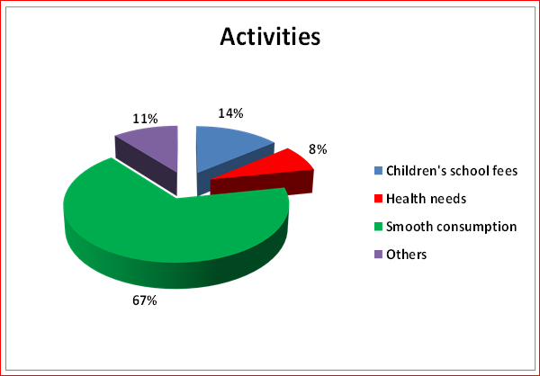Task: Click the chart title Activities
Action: [x=270, y=37]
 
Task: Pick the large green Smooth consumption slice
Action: [x=176, y=228]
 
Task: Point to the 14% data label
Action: [x=230, y=113]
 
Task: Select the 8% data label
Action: [x=318, y=149]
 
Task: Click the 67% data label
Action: [x=145, y=300]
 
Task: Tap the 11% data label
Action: [x=145, y=119]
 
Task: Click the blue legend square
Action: [x=378, y=170]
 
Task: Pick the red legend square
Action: [x=378, y=199]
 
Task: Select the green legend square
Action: [x=378, y=227]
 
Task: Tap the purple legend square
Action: [x=378, y=255]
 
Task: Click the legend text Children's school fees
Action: [x=452, y=171]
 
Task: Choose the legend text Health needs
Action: [x=427, y=199]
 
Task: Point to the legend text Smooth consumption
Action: [x=452, y=227]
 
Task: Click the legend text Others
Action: [x=407, y=255]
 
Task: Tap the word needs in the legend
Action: [x=449, y=200]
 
